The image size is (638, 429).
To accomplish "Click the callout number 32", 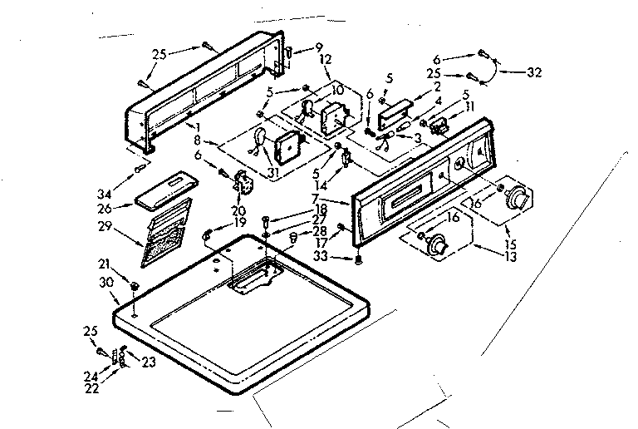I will coord(534,72).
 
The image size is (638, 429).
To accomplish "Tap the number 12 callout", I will coord(325,61).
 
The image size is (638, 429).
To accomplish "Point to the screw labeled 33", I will coord(358,260).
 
